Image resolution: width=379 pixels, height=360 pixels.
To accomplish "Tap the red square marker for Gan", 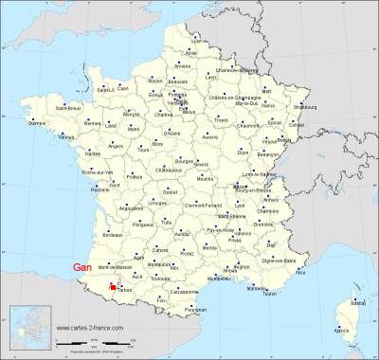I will click(x=113, y=286).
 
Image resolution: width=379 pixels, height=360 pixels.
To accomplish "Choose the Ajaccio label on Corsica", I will click(x=342, y=332).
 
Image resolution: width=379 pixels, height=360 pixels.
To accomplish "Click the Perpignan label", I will click(x=196, y=310).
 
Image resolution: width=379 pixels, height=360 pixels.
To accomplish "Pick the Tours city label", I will click(x=144, y=150).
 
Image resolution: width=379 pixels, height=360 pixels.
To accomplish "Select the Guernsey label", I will click(x=38, y=123).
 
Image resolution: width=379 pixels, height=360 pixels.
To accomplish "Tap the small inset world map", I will click(x=28, y=328).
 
